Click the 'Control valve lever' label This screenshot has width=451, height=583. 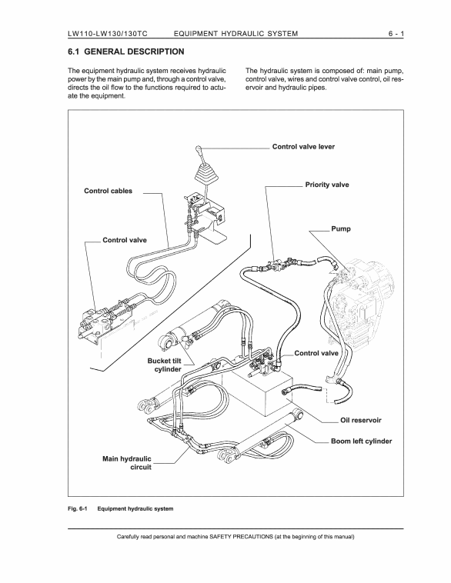pyautogui.click(x=303, y=146)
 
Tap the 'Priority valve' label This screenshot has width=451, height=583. pyautogui.click(x=327, y=185)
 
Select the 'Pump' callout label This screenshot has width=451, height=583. pyautogui.click(x=341, y=228)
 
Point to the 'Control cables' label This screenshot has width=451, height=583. pyautogui.click(x=108, y=191)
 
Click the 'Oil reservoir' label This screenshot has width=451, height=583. pyautogui.click(x=361, y=420)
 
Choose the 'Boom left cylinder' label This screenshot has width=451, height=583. pyautogui.click(x=361, y=441)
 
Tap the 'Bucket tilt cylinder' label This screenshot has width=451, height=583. pyautogui.click(x=164, y=365)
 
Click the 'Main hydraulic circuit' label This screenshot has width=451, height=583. pyautogui.click(x=127, y=463)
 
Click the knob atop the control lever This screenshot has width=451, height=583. pyautogui.click(x=198, y=150)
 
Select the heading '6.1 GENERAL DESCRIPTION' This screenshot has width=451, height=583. pyautogui.click(x=125, y=52)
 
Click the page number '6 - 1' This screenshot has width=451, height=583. pyautogui.click(x=396, y=34)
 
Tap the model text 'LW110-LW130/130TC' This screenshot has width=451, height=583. pyautogui.click(x=108, y=34)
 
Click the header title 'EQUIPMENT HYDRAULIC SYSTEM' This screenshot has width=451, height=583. pyautogui.click(x=236, y=34)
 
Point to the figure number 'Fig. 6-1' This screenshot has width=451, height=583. pyautogui.click(x=77, y=508)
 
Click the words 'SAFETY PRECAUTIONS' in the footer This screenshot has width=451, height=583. pyautogui.click(x=241, y=537)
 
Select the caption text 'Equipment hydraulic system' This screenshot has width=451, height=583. pyautogui.click(x=135, y=508)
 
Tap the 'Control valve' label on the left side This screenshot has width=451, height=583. pyautogui.click(x=125, y=240)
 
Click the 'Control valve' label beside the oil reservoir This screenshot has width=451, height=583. pyautogui.click(x=316, y=353)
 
